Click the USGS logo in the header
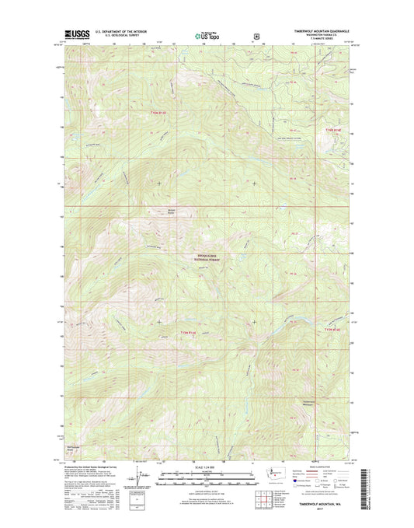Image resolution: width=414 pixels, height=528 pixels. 71,34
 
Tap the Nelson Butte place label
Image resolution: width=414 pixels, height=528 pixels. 152,212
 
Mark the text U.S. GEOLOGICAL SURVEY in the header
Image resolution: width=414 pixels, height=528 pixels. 117,36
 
